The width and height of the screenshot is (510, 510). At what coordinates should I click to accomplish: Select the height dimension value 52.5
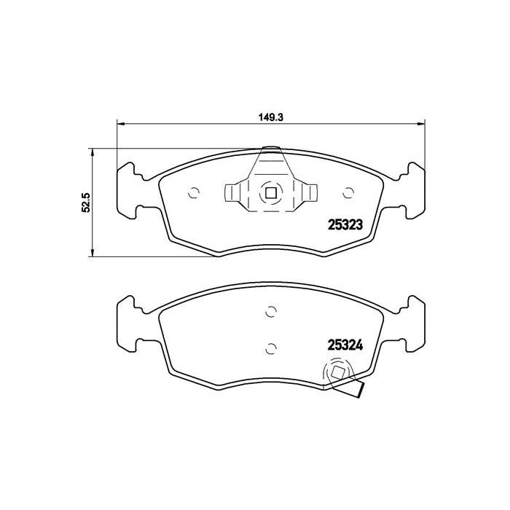[x=85, y=202]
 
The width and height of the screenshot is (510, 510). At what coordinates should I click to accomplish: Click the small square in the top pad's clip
[x=270, y=194]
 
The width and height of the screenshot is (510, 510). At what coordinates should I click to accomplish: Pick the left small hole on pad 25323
[x=194, y=193]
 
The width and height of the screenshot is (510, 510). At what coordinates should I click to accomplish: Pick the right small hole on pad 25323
[x=348, y=193]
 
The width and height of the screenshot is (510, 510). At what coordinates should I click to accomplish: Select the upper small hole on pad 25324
[x=270, y=312]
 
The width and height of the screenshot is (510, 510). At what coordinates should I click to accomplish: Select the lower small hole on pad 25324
[x=270, y=347]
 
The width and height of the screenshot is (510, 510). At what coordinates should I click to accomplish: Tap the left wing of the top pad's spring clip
[x=232, y=193]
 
